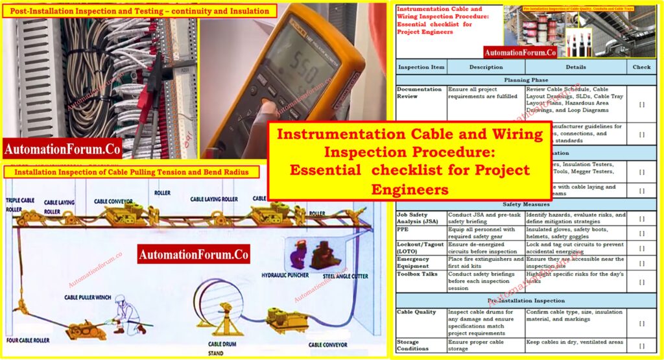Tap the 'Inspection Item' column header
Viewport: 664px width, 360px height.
click(x=421, y=67)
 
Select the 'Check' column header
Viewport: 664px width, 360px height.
click(x=641, y=67)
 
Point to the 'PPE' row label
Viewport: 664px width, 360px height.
click(x=403, y=229)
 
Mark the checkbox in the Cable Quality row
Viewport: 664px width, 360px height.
click(x=641, y=322)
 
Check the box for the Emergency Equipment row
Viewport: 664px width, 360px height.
click(x=641, y=263)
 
